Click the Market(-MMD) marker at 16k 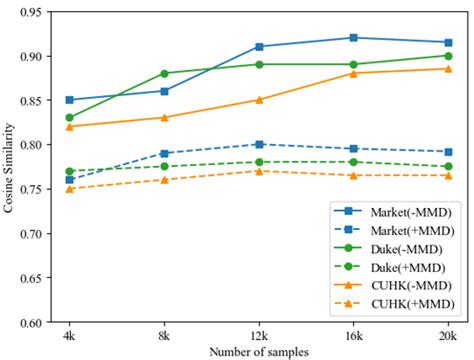pyautogui.click(x=352, y=38)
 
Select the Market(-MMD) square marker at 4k pyautogui.click(x=69, y=100)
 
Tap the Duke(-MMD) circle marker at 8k pyautogui.click(x=164, y=73)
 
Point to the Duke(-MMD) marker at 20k pyautogui.click(x=446, y=56)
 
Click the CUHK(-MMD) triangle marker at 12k pyautogui.click(x=258, y=100)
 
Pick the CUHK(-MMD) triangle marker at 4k pyautogui.click(x=69, y=126)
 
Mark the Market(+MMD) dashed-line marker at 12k pyautogui.click(x=258, y=144)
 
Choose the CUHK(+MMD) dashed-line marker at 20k pyautogui.click(x=446, y=175)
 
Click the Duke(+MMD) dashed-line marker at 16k pyautogui.click(x=352, y=162)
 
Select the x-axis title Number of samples pyautogui.click(x=257, y=351)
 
